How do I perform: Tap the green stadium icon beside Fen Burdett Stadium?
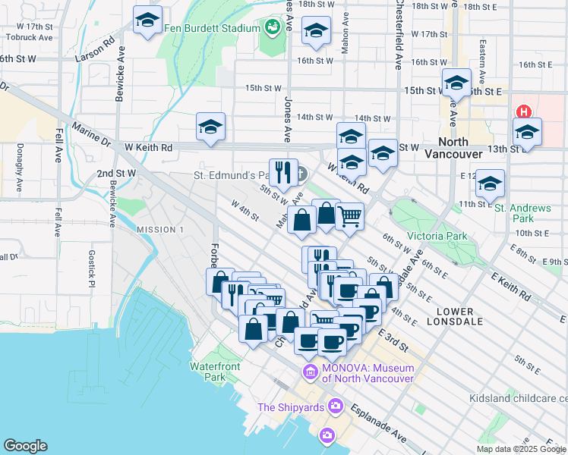pos(273,28)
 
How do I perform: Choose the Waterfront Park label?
pos(208,372)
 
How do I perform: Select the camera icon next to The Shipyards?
pos(335,407)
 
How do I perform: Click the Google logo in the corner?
pos(25,446)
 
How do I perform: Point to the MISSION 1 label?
pos(159,229)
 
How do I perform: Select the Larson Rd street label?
pos(96,49)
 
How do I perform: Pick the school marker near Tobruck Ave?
pos(147,20)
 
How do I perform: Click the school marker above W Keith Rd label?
pos(210,126)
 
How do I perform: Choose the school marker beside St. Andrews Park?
pos(491,183)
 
